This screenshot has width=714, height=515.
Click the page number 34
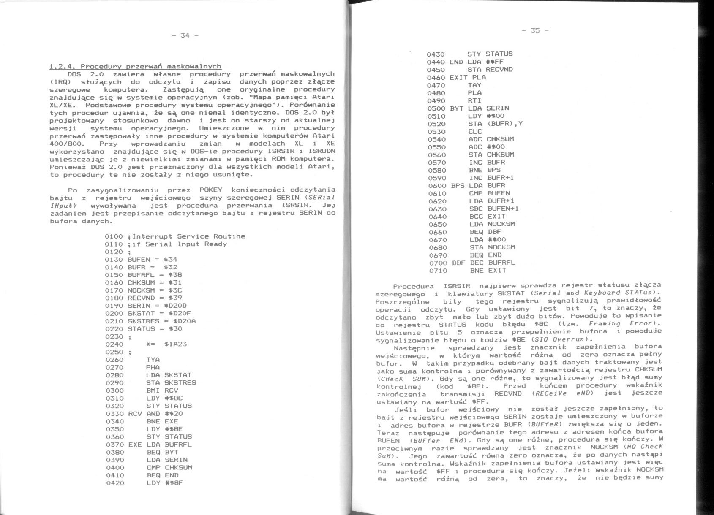(x=185, y=35)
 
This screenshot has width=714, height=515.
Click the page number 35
(x=535, y=30)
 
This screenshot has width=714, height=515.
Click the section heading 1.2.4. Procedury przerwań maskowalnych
(x=135, y=66)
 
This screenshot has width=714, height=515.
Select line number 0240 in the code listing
(x=114, y=344)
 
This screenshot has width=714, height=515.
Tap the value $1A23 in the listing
(x=175, y=344)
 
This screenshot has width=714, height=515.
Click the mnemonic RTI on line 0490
(x=474, y=100)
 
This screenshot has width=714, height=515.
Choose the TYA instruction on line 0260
(x=153, y=360)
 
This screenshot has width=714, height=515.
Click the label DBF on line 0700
(x=458, y=263)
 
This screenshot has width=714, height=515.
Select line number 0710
(x=438, y=271)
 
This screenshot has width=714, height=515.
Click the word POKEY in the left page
(x=211, y=190)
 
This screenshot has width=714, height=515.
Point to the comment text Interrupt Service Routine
(x=188, y=236)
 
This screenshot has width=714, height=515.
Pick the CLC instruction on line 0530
(x=475, y=131)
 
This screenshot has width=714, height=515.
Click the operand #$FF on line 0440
(x=494, y=62)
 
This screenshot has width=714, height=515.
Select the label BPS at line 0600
(x=458, y=185)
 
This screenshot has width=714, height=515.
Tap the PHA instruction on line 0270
(x=153, y=367)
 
